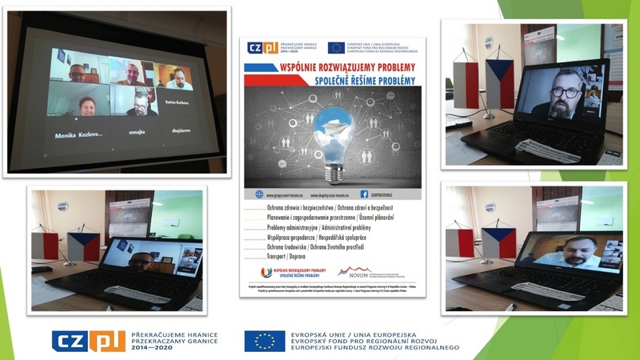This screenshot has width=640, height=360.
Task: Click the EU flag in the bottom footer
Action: click(265, 341)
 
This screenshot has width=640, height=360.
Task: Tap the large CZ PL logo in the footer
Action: click(86, 341)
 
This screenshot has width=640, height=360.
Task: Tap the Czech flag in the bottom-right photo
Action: click(498, 242)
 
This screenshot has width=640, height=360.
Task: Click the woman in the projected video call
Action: click(86, 106)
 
